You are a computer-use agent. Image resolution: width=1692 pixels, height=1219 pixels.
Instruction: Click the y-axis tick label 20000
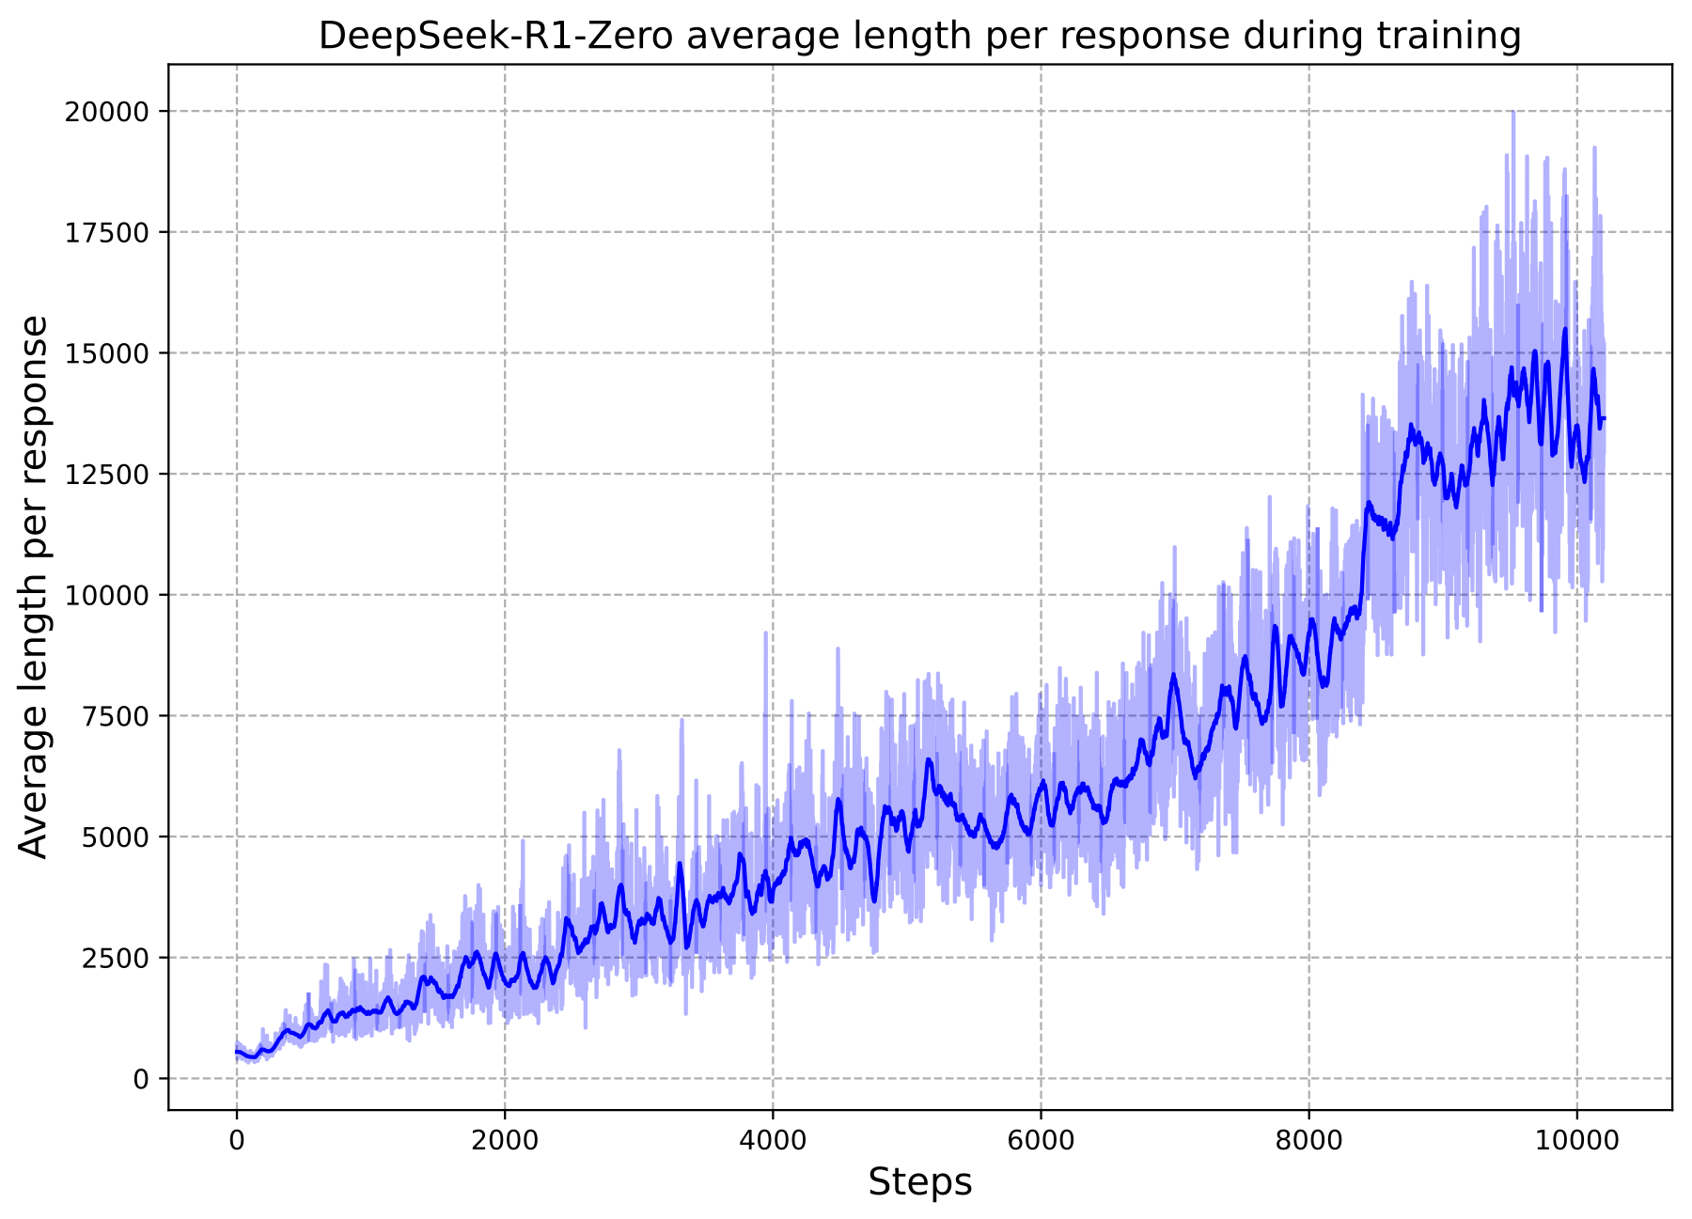(106, 112)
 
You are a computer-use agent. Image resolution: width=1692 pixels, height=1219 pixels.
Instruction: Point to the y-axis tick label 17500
(106, 232)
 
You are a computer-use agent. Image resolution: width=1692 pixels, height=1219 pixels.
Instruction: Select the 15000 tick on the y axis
(106, 353)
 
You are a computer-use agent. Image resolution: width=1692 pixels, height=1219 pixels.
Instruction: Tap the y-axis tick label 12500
(106, 475)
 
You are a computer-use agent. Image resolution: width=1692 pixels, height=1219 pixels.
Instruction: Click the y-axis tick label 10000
(106, 595)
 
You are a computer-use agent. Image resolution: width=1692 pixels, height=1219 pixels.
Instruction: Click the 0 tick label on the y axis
(141, 1079)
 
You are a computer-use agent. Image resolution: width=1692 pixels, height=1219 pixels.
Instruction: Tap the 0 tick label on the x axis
(236, 1140)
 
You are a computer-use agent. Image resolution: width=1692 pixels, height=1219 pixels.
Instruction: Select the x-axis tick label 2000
(505, 1140)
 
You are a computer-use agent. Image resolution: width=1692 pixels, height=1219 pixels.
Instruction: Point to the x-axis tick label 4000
(773, 1140)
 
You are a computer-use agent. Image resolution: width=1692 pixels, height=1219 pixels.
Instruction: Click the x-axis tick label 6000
(1041, 1140)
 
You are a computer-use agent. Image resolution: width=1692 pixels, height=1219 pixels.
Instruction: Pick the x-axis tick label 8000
(1308, 1140)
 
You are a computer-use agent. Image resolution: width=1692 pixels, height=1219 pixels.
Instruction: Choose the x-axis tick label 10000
(1576, 1140)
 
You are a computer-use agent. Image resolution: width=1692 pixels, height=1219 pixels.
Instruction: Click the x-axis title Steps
(919, 1182)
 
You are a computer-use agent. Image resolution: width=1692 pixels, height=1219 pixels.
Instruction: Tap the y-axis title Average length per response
(34, 586)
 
